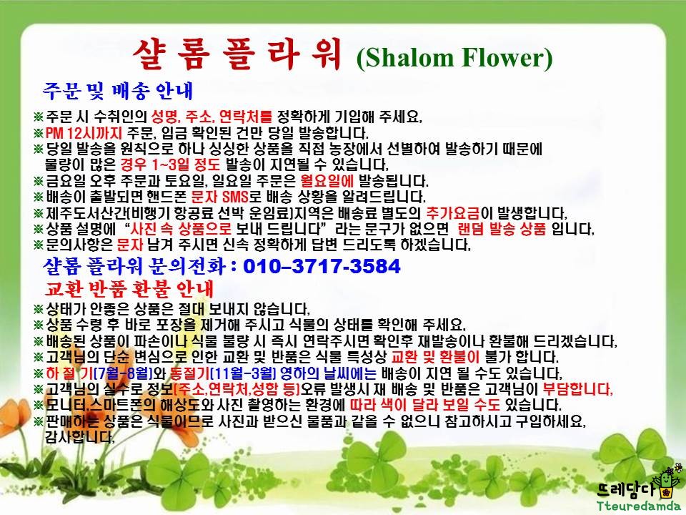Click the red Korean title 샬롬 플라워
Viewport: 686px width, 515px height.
click(237, 55)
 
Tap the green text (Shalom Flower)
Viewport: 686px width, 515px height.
click(454, 57)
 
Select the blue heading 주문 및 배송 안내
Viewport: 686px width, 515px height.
click(118, 91)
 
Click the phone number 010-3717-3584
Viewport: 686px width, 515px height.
click(322, 266)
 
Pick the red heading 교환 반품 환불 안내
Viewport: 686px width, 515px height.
click(129, 288)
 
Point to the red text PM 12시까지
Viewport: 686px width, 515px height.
click(84, 133)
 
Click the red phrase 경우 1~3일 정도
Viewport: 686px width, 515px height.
click(170, 165)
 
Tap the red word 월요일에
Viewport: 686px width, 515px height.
click(327, 180)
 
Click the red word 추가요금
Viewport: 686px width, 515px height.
click(453, 213)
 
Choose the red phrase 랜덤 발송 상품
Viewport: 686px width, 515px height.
click(502, 229)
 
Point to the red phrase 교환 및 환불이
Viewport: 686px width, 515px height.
click(435, 357)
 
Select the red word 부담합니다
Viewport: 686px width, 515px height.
click(577, 389)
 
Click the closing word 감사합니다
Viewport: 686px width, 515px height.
click(80, 436)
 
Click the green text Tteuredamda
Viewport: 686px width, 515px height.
click(638, 506)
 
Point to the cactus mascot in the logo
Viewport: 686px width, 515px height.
click(665, 481)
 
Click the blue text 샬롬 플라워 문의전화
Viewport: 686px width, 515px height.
click(134, 266)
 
